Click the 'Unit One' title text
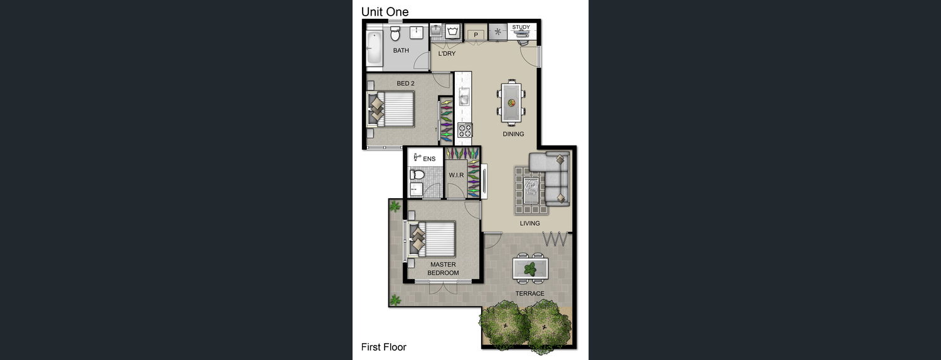(385, 12)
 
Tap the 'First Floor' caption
(383, 347)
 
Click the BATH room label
(401, 50)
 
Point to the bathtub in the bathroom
(374, 48)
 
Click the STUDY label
(521, 27)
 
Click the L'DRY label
(447, 54)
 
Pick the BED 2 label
(405, 83)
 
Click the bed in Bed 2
(391, 109)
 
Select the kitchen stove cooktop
(465, 130)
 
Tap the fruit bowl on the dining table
(512, 102)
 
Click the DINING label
(513, 134)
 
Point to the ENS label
(429, 159)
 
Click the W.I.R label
(456, 175)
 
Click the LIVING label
(529, 223)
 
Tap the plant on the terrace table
(530, 268)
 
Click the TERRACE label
(529, 294)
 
